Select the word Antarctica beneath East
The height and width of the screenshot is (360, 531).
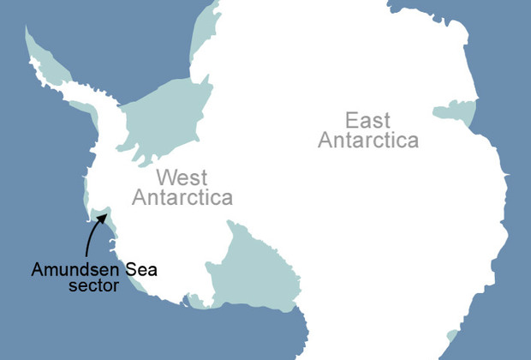coord(369,141)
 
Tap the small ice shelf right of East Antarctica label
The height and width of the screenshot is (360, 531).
coord(456,111)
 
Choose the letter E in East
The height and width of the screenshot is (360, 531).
coord(351,119)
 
